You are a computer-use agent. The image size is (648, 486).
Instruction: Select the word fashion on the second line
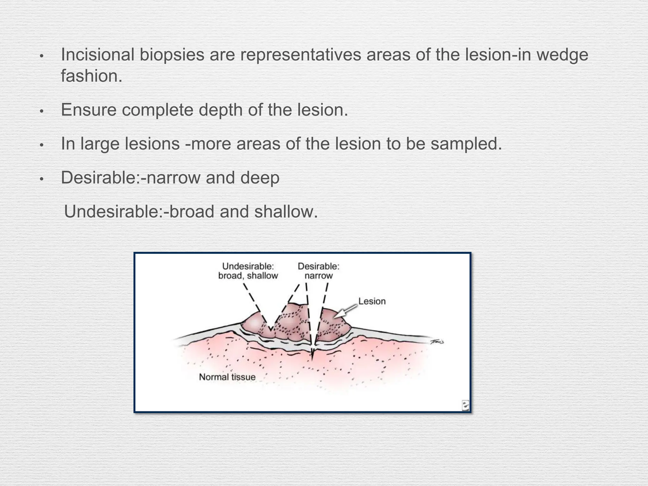(x=89, y=76)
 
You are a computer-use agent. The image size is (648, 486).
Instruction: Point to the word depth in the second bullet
(x=220, y=110)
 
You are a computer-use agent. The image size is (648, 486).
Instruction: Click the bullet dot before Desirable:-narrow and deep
(x=41, y=180)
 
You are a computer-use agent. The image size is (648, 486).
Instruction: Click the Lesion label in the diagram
(x=372, y=301)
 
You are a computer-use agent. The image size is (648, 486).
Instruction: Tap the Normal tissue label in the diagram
(x=227, y=377)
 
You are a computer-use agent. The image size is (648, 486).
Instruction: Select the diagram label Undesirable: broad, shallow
(x=248, y=271)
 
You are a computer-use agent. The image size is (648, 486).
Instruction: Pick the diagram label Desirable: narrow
(x=318, y=271)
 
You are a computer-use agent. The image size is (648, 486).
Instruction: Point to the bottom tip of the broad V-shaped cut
(x=271, y=330)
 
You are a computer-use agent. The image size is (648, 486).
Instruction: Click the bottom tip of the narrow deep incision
(x=313, y=360)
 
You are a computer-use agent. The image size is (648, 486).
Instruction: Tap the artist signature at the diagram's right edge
(x=437, y=342)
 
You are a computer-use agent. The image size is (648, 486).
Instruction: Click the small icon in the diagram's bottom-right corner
(x=465, y=405)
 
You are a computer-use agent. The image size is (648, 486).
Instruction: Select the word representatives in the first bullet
(x=300, y=54)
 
